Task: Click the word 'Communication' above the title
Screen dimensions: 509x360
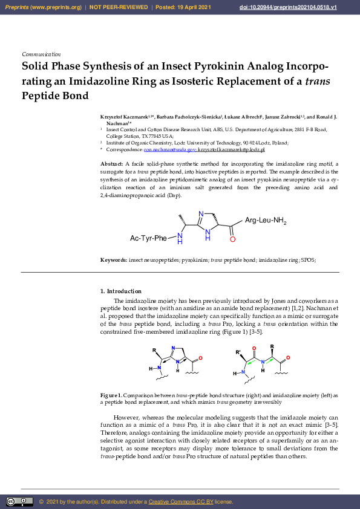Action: coord(41,54)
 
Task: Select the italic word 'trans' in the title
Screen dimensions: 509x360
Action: coord(317,81)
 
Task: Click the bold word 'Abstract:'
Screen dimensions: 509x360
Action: coord(112,164)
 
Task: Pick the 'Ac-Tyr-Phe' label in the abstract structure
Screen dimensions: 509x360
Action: coord(148,238)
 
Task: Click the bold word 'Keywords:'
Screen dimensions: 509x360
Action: coord(114,259)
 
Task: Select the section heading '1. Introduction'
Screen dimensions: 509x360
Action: coord(121,291)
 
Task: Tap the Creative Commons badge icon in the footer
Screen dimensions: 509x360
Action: coord(19,502)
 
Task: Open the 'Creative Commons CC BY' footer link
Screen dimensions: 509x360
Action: coord(181,502)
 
